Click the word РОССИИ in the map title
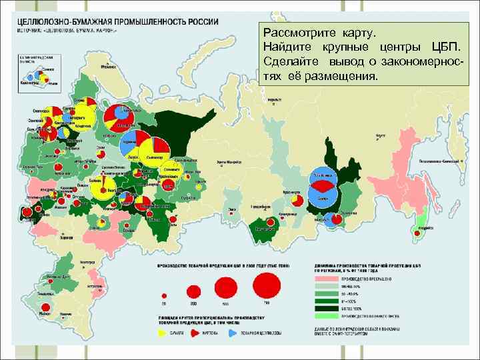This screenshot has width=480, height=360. click(x=199, y=21)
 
